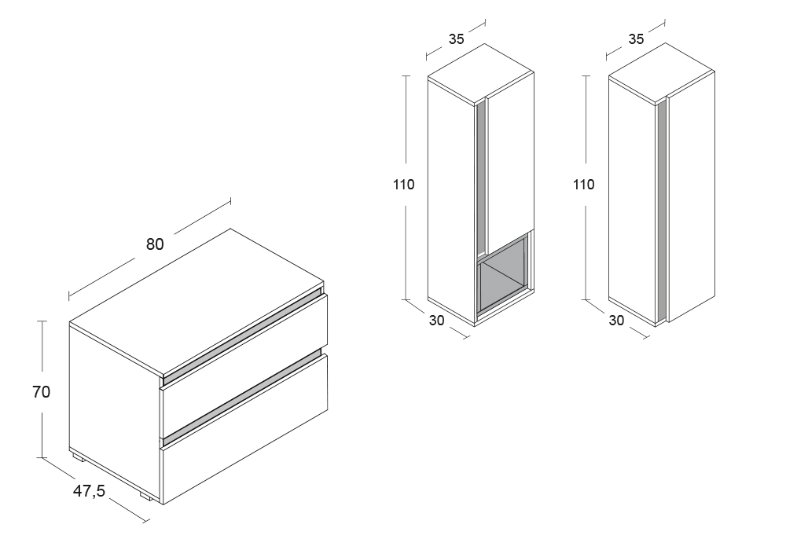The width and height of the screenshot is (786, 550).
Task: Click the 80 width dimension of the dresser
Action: click(155, 244)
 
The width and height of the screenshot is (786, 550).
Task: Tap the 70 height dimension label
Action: click(41, 392)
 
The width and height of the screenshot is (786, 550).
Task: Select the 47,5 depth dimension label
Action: click(90, 491)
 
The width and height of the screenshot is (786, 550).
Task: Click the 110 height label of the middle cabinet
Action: click(403, 185)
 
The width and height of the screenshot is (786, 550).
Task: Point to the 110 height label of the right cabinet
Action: click(583, 185)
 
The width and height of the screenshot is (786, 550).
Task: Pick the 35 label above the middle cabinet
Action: click(456, 39)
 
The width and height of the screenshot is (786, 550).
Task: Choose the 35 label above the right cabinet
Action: click(636, 39)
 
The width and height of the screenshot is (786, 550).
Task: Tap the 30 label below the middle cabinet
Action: click(436, 321)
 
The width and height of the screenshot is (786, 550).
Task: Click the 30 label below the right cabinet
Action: click(616, 321)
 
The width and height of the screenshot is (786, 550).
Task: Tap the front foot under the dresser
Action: click(146, 497)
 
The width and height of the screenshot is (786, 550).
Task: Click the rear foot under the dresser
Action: click(77, 456)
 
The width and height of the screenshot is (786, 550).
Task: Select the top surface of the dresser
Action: click(196, 302)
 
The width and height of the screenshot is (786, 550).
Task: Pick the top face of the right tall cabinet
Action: click(661, 73)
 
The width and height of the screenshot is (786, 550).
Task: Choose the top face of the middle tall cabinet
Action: click(481, 73)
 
